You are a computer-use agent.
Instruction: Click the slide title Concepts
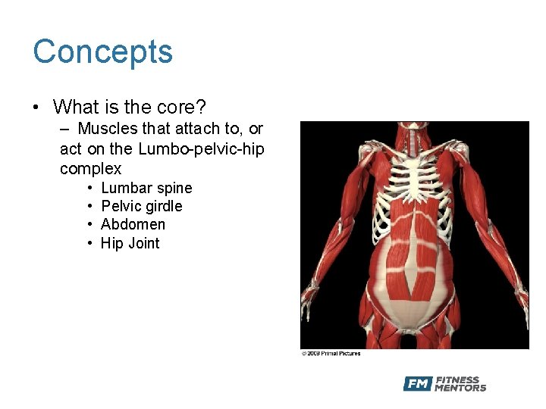point(103,52)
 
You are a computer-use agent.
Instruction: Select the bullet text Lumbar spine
point(146,188)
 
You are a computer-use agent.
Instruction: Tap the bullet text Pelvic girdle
point(141,206)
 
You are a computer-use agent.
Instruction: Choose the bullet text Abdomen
point(133,224)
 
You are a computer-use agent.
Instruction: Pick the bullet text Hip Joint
point(130,243)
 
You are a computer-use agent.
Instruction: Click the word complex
point(90,168)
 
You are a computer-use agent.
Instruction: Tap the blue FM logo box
point(417,384)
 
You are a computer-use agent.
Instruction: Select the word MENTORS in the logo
point(460,389)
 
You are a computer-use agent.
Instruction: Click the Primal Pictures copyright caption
point(331,353)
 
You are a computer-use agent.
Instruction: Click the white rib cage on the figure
point(414,174)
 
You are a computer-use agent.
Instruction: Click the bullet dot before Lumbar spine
point(89,188)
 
